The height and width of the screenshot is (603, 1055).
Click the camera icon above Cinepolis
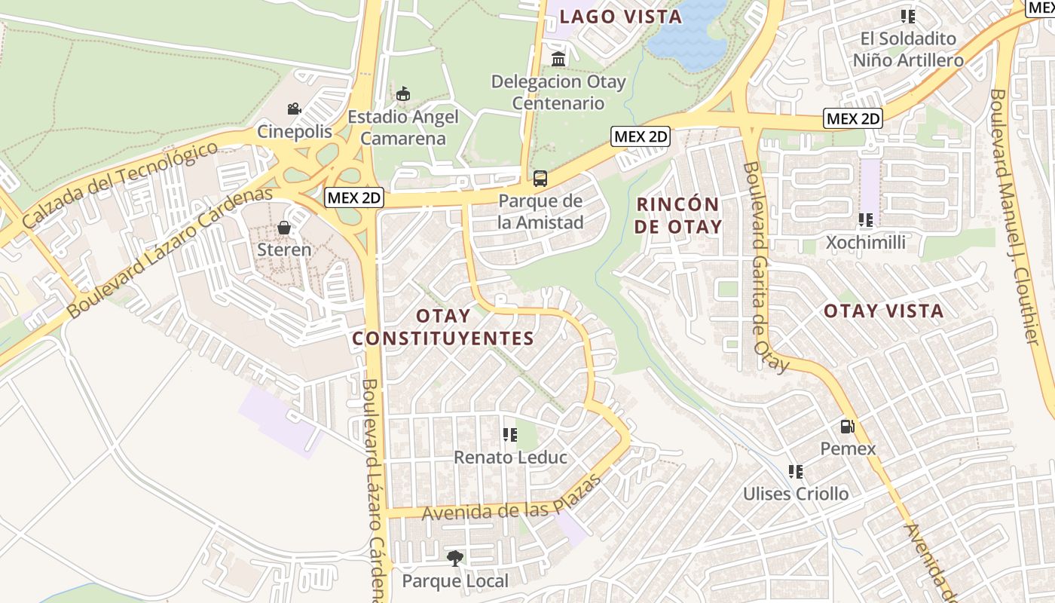click(294, 109)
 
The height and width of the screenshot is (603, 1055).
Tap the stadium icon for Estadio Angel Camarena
click(403, 94)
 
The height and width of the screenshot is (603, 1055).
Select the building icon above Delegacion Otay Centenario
click(558, 59)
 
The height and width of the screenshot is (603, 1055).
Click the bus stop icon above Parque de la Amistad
click(540, 179)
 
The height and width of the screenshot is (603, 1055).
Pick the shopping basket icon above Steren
click(284, 227)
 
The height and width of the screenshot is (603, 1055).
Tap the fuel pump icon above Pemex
click(848, 427)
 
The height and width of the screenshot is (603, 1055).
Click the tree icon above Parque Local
click(454, 559)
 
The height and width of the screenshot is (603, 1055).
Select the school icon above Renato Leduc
click(510, 435)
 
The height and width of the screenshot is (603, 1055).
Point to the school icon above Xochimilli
click(865, 220)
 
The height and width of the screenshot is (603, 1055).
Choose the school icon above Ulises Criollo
click(795, 472)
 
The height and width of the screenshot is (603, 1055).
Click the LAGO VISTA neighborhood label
click(621, 17)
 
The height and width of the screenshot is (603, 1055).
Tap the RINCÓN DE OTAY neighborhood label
click(678, 215)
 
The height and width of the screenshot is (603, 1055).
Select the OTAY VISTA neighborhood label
click(883, 311)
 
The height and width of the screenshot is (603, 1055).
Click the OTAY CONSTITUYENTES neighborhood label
click(443, 327)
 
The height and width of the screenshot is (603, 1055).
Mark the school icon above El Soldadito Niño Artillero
click(908, 16)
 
